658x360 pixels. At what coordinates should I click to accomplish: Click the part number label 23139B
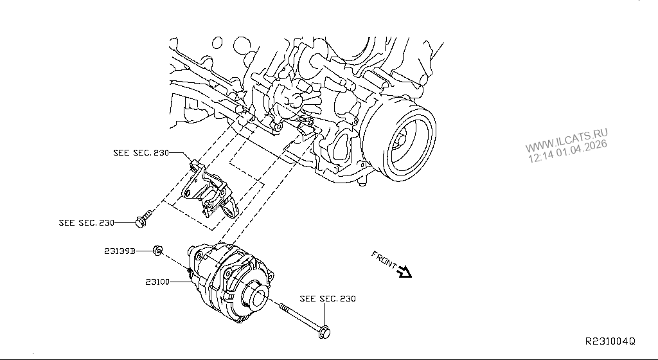tap(120, 251)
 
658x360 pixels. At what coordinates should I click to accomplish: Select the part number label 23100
tap(157, 282)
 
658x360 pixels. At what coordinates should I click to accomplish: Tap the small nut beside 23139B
tap(157, 251)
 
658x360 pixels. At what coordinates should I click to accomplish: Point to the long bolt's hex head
tap(325, 333)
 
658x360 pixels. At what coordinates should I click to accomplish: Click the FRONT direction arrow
tap(405, 272)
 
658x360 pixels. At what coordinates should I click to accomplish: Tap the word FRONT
tap(384, 259)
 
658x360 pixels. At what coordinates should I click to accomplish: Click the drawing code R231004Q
tap(610, 341)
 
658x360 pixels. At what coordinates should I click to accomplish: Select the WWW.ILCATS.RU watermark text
tap(566, 141)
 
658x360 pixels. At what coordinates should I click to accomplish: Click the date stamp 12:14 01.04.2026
tap(567, 151)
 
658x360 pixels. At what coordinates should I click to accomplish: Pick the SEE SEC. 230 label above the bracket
tap(141, 153)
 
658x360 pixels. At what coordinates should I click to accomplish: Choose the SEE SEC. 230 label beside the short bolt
tap(87, 223)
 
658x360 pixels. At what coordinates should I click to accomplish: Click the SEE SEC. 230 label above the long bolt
tap(328, 299)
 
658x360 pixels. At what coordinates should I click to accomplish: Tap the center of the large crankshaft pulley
tap(401, 140)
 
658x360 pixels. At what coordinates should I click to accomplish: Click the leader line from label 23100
tap(181, 282)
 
